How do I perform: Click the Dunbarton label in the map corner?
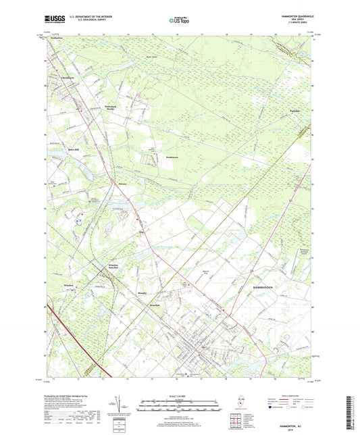(x=55, y=39)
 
